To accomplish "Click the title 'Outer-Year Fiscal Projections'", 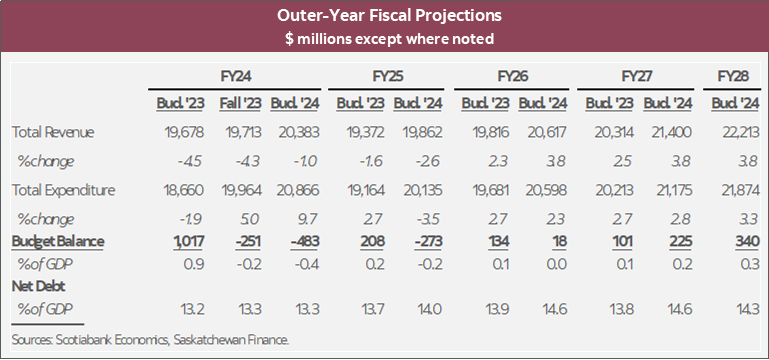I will pyautogui.click(x=384, y=16).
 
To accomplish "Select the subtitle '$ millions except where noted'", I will pyautogui.click(x=384, y=38).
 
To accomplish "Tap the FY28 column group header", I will pyautogui.click(x=735, y=76).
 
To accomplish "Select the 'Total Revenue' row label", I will pyautogui.click(x=50, y=132).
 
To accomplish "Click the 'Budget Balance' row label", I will pyautogui.click(x=56, y=241).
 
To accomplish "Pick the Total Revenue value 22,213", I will pyautogui.click(x=736, y=132).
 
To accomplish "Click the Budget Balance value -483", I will pyautogui.click(x=293, y=241).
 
